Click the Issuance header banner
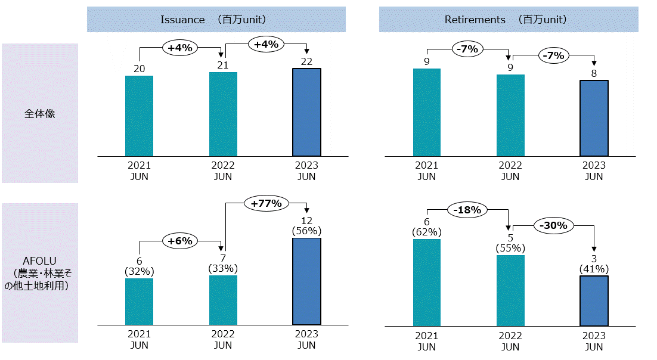click(216, 20)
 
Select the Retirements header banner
click(509, 20)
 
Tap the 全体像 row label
click(40, 113)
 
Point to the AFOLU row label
click(40, 273)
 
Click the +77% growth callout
click(266, 203)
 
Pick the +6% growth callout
click(180, 241)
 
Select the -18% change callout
click(468, 209)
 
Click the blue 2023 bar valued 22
click(306, 113)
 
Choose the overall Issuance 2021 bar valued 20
click(139, 116)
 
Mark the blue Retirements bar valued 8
click(594, 118)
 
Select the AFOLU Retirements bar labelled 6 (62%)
click(426, 283)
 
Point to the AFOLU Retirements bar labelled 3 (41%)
click(594, 300)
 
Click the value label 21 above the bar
click(223, 65)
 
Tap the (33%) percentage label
click(223, 269)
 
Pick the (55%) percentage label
click(510, 249)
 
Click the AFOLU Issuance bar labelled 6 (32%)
click(139, 302)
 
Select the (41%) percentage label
click(594, 269)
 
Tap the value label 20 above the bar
click(139, 69)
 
